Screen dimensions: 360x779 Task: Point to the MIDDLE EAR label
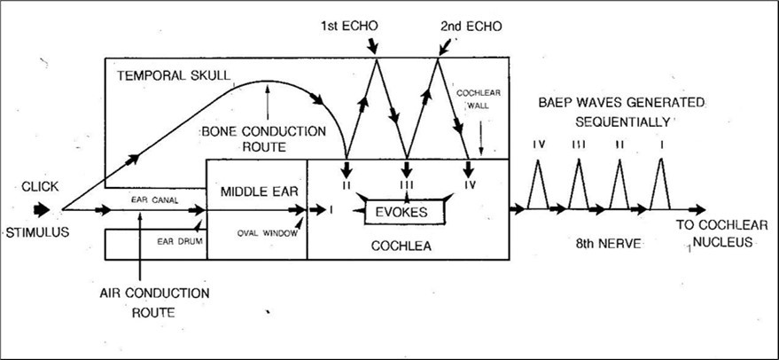256,191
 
